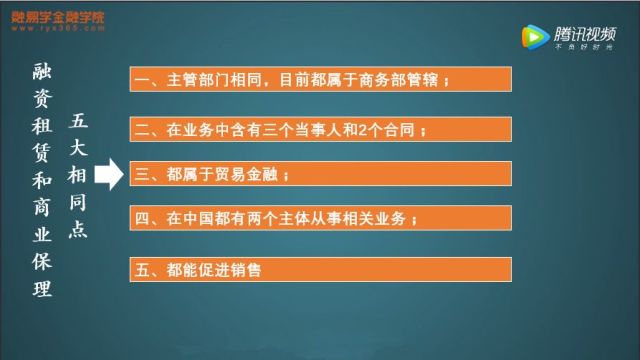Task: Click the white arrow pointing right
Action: [x=112, y=174]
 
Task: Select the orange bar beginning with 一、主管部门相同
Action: [x=320, y=81]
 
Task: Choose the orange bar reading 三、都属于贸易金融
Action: [x=320, y=175]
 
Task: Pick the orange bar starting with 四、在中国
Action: [x=320, y=218]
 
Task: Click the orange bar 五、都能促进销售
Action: [x=320, y=267]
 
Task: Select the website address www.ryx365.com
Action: [x=60, y=30]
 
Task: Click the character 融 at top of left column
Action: [x=41, y=71]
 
